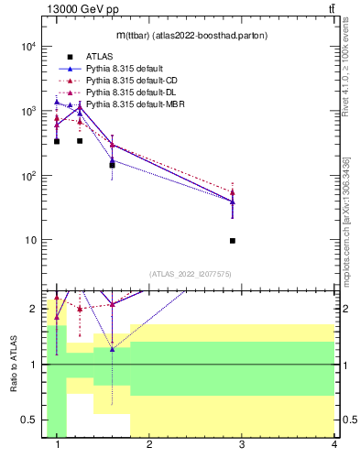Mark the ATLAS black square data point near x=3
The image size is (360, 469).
233,241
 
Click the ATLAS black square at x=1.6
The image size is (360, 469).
112,165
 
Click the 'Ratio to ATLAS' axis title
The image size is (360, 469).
14,365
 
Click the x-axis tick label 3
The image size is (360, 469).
242,444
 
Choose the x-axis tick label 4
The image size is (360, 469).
333,444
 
